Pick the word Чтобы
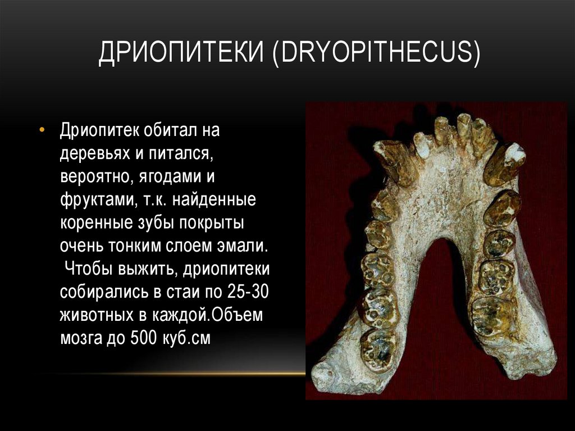88,269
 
